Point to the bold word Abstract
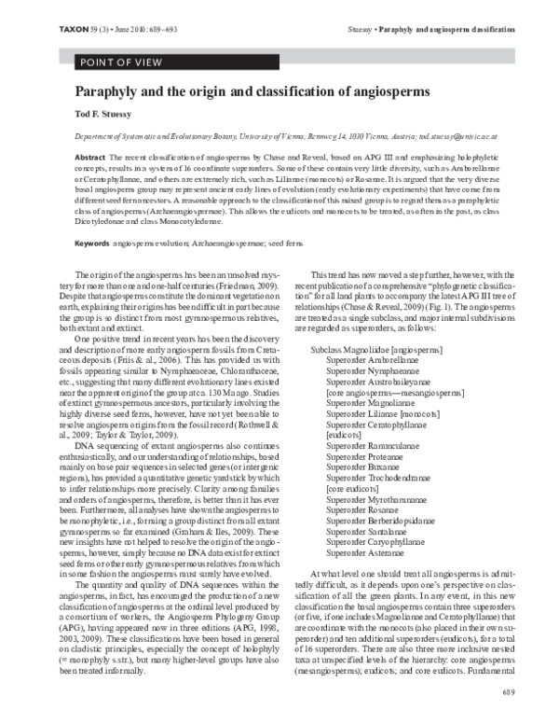(89, 159)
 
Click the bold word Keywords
(92, 216)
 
